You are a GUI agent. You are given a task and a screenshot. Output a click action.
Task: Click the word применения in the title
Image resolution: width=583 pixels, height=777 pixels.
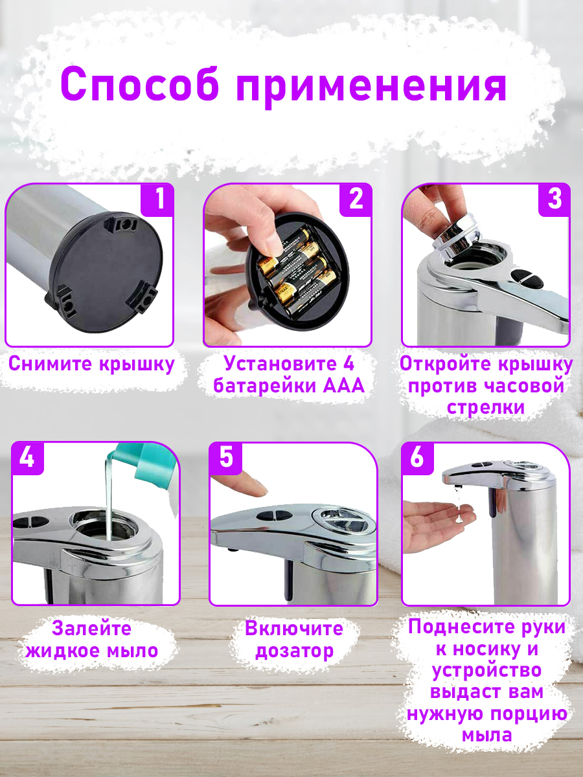click(371, 88)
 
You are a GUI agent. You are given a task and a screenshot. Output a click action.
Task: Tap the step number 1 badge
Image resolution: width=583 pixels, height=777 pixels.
click(157, 199)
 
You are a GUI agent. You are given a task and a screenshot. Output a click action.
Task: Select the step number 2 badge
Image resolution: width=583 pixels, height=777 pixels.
click(356, 199)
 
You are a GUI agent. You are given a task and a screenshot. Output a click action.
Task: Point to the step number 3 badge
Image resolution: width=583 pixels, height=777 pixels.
click(554, 199)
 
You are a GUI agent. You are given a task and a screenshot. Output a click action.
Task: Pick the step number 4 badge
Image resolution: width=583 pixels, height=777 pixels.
click(27, 458)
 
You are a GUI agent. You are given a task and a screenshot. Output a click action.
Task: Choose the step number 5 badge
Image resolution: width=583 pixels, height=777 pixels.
click(226, 458)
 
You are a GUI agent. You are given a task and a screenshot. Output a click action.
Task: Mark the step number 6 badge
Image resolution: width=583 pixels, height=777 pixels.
click(418, 458)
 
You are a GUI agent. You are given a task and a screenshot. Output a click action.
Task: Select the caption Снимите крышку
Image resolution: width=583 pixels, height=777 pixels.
click(91, 364)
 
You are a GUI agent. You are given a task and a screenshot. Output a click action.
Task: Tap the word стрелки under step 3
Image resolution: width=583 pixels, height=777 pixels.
click(486, 407)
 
